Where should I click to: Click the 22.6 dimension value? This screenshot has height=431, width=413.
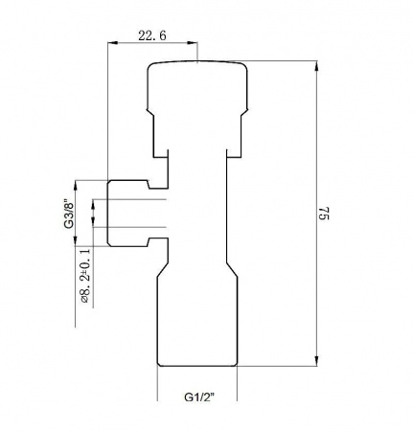coord(152,35)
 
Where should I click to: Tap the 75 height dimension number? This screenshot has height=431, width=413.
coord(324,213)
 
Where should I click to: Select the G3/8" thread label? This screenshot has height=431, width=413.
coord(69,215)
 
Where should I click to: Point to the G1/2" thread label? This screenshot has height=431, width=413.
coord(199,397)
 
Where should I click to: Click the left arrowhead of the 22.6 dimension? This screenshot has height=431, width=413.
coord(113,42)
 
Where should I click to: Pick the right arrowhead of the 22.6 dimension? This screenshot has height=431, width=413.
coord(193,42)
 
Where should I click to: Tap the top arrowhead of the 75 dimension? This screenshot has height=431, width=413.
coord(316,66)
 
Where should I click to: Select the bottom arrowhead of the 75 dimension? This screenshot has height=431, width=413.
coord(316,360)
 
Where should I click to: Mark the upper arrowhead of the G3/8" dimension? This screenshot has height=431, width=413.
coord(76,186)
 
